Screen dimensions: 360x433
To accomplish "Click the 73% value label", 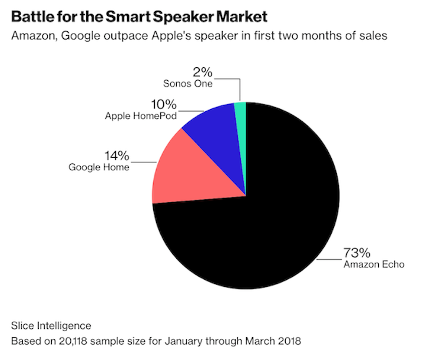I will pos(357,253).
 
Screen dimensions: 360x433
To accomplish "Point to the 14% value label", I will pos(117,156).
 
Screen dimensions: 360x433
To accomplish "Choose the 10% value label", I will pos(164,104).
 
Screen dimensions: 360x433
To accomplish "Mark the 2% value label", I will pos(201,72).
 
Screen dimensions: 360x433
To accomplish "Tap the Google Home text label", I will pos(99,167).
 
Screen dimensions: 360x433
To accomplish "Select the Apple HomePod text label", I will pos(141,115).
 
